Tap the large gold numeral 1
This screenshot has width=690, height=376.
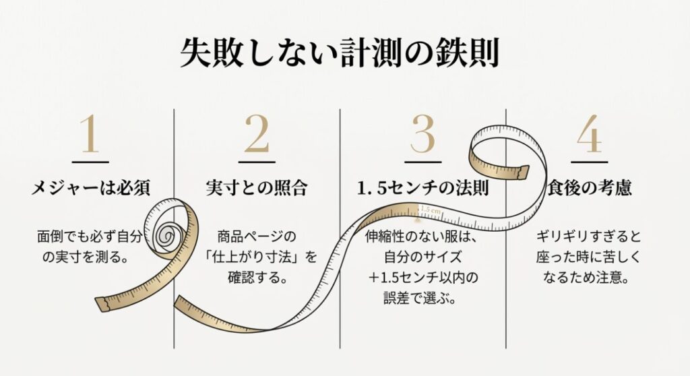90,134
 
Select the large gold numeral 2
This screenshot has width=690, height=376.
256,134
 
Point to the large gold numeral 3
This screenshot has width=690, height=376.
422,134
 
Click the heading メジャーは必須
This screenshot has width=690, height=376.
90,188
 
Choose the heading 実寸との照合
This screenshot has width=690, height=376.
256,188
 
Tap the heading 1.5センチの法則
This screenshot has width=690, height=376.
422,188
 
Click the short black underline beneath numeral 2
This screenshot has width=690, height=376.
256,161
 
